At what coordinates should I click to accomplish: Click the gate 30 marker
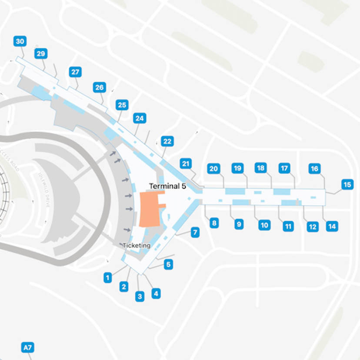coord(20,42)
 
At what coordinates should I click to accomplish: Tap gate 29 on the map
coord(41,54)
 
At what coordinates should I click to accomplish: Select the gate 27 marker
coord(75,72)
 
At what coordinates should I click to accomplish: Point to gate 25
coord(122,105)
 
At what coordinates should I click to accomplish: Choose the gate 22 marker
coord(167,141)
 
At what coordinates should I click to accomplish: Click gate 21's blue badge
coord(186,164)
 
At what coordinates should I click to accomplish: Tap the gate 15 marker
coord(347,185)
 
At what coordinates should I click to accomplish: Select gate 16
coord(314,169)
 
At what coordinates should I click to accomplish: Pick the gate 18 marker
coord(260,168)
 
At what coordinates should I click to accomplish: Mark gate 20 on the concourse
coord(213,169)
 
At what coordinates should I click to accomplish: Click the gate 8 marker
coord(213,223)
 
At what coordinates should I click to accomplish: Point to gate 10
coord(264,225)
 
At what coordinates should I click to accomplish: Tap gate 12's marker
coord(312,227)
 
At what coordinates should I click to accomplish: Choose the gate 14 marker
coord(332,226)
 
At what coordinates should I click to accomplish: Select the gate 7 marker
coord(195,232)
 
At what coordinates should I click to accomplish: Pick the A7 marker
coord(27,347)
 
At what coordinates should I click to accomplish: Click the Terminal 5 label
coord(167,186)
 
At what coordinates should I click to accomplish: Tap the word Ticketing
coord(136,246)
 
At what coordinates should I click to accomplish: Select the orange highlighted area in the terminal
coord(149,208)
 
